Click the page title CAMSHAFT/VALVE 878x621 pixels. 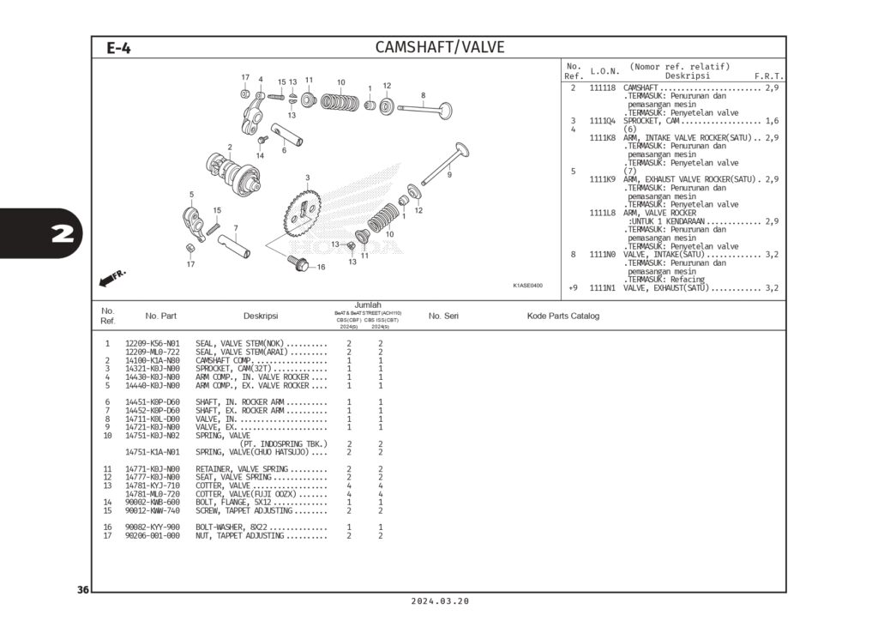tap(440, 47)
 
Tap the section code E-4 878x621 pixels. tap(118, 48)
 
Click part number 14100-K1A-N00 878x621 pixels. tap(153, 361)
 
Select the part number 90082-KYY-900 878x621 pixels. tap(153, 527)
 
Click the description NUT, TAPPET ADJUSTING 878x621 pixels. tap(239, 535)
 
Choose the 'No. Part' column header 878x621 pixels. tap(161, 317)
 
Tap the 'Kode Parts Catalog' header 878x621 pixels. tap(562, 317)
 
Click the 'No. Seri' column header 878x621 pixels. tap(443, 317)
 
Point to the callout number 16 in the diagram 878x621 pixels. tap(321, 268)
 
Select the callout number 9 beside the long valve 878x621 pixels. tap(449, 175)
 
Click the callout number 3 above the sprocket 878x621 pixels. tap(307, 178)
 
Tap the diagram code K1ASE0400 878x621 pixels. tap(527, 286)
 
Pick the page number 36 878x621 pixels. tap(83, 590)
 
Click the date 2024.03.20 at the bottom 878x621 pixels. tap(439, 602)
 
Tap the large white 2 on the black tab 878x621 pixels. tap(61, 233)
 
